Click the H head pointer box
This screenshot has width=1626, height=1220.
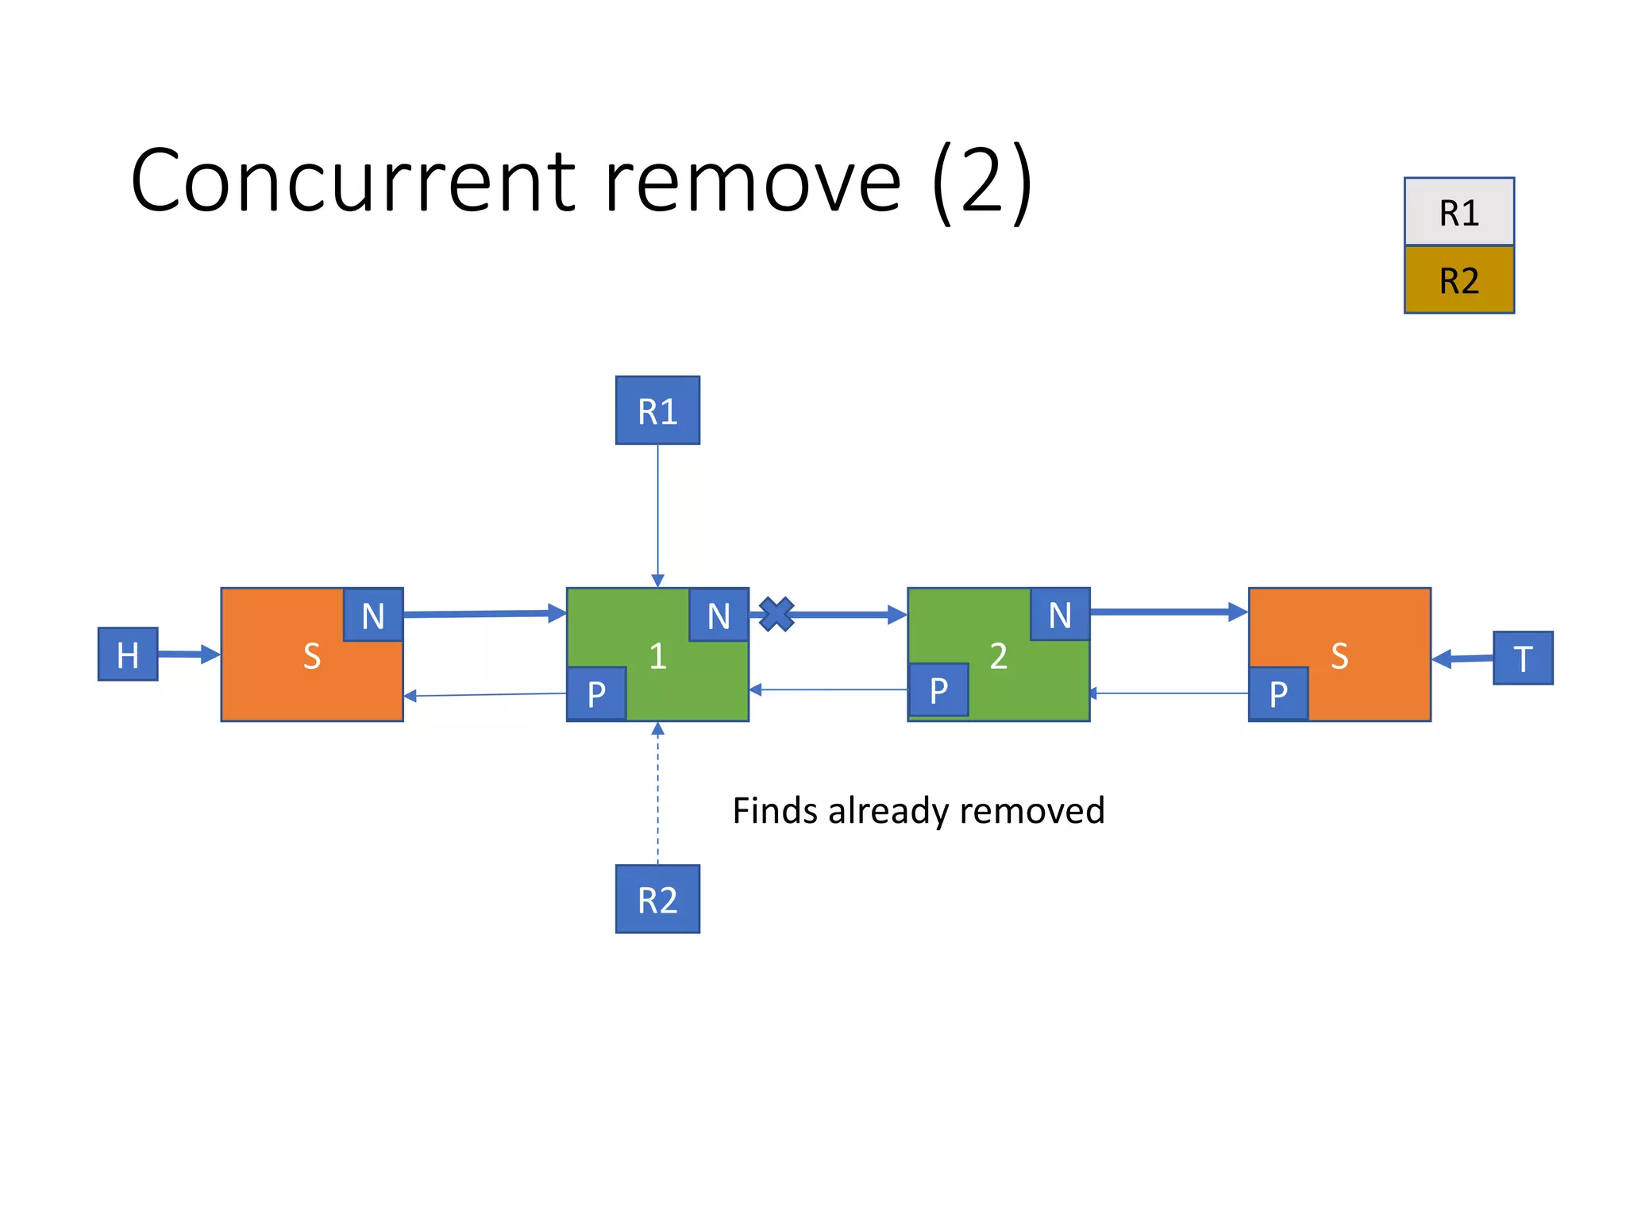pos(128,654)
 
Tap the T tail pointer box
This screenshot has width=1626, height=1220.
pos(1523,658)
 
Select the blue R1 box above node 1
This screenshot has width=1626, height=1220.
pos(657,411)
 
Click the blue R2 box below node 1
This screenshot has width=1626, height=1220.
pos(657,899)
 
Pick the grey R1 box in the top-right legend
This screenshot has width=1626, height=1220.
pos(1458,212)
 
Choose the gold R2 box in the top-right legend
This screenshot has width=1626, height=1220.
pos(1458,280)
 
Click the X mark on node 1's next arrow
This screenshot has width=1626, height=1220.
pos(776,614)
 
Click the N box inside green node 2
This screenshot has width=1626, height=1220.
pos(1060,615)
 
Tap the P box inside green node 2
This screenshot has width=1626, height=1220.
pos(938,690)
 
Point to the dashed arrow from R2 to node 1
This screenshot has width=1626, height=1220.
pos(657,794)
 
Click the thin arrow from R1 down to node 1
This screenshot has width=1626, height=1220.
pos(657,516)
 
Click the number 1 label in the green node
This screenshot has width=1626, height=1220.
pos(657,656)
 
